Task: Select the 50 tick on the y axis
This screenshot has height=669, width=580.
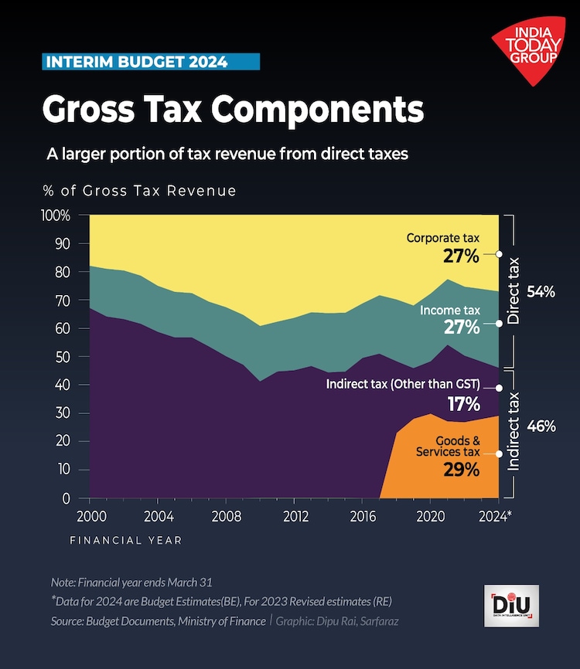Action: coord(63,357)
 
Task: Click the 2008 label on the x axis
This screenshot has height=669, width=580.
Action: coord(226,514)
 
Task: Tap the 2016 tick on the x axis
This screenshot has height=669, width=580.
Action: coord(362,514)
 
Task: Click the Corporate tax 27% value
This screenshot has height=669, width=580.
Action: coord(461,256)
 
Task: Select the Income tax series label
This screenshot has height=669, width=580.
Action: coord(450,311)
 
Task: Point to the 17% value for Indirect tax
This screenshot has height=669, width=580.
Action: coord(462,403)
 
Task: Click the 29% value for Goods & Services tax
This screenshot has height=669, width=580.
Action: coord(462,470)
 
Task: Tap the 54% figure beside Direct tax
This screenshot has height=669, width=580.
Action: coord(541,292)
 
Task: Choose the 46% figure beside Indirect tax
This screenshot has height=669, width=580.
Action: coord(541,426)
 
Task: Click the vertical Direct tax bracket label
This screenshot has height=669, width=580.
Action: coord(513,290)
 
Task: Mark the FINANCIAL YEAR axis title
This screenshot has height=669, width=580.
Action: coord(126,541)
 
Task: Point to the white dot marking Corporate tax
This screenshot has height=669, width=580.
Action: coord(499,253)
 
